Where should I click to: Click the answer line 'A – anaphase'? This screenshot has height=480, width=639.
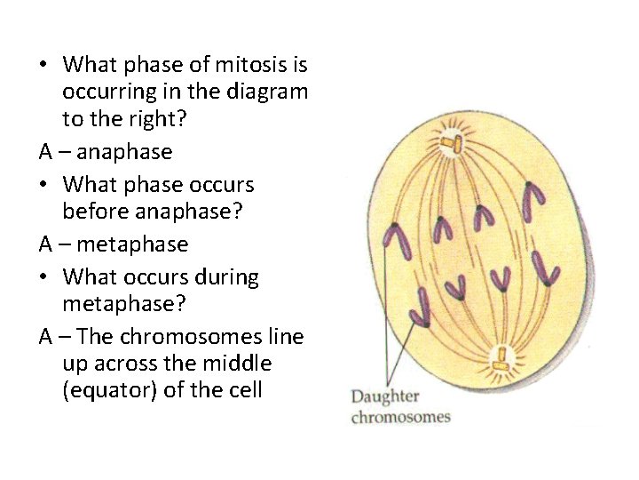click(106, 152)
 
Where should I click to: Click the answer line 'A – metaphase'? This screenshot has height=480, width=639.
click(114, 244)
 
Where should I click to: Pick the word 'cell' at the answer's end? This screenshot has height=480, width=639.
click(245, 390)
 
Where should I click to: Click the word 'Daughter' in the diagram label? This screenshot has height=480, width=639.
click(385, 396)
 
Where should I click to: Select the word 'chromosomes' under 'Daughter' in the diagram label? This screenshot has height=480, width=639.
click(400, 417)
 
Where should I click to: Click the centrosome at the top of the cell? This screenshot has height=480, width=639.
click(453, 143)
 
